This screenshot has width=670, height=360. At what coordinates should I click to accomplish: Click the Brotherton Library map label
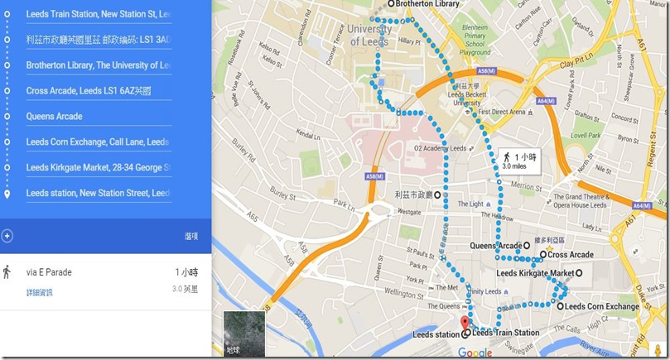[427, 4]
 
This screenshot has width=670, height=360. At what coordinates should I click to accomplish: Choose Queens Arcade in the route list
[54, 117]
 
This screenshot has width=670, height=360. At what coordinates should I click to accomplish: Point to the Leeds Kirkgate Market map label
[535, 273]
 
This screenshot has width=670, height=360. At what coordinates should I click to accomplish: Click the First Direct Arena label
[503, 112]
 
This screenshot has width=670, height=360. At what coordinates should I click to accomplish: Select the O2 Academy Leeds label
[427, 148]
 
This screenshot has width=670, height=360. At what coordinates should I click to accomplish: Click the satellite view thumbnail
[244, 334]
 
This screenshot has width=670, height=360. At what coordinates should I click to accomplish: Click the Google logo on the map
[475, 353]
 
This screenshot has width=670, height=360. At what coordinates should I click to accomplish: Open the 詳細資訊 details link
[39, 292]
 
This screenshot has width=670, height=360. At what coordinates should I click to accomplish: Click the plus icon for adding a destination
[7, 236]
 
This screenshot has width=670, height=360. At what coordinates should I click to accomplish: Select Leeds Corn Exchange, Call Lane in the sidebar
[97, 142]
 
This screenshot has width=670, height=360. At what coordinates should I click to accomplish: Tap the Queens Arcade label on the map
[495, 246]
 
